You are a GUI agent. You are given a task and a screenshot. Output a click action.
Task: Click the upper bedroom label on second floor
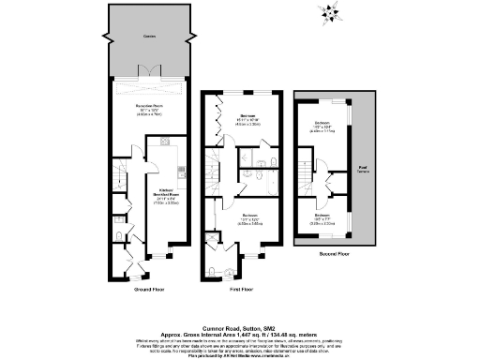322,126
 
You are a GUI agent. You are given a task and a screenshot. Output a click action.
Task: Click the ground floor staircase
118,174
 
